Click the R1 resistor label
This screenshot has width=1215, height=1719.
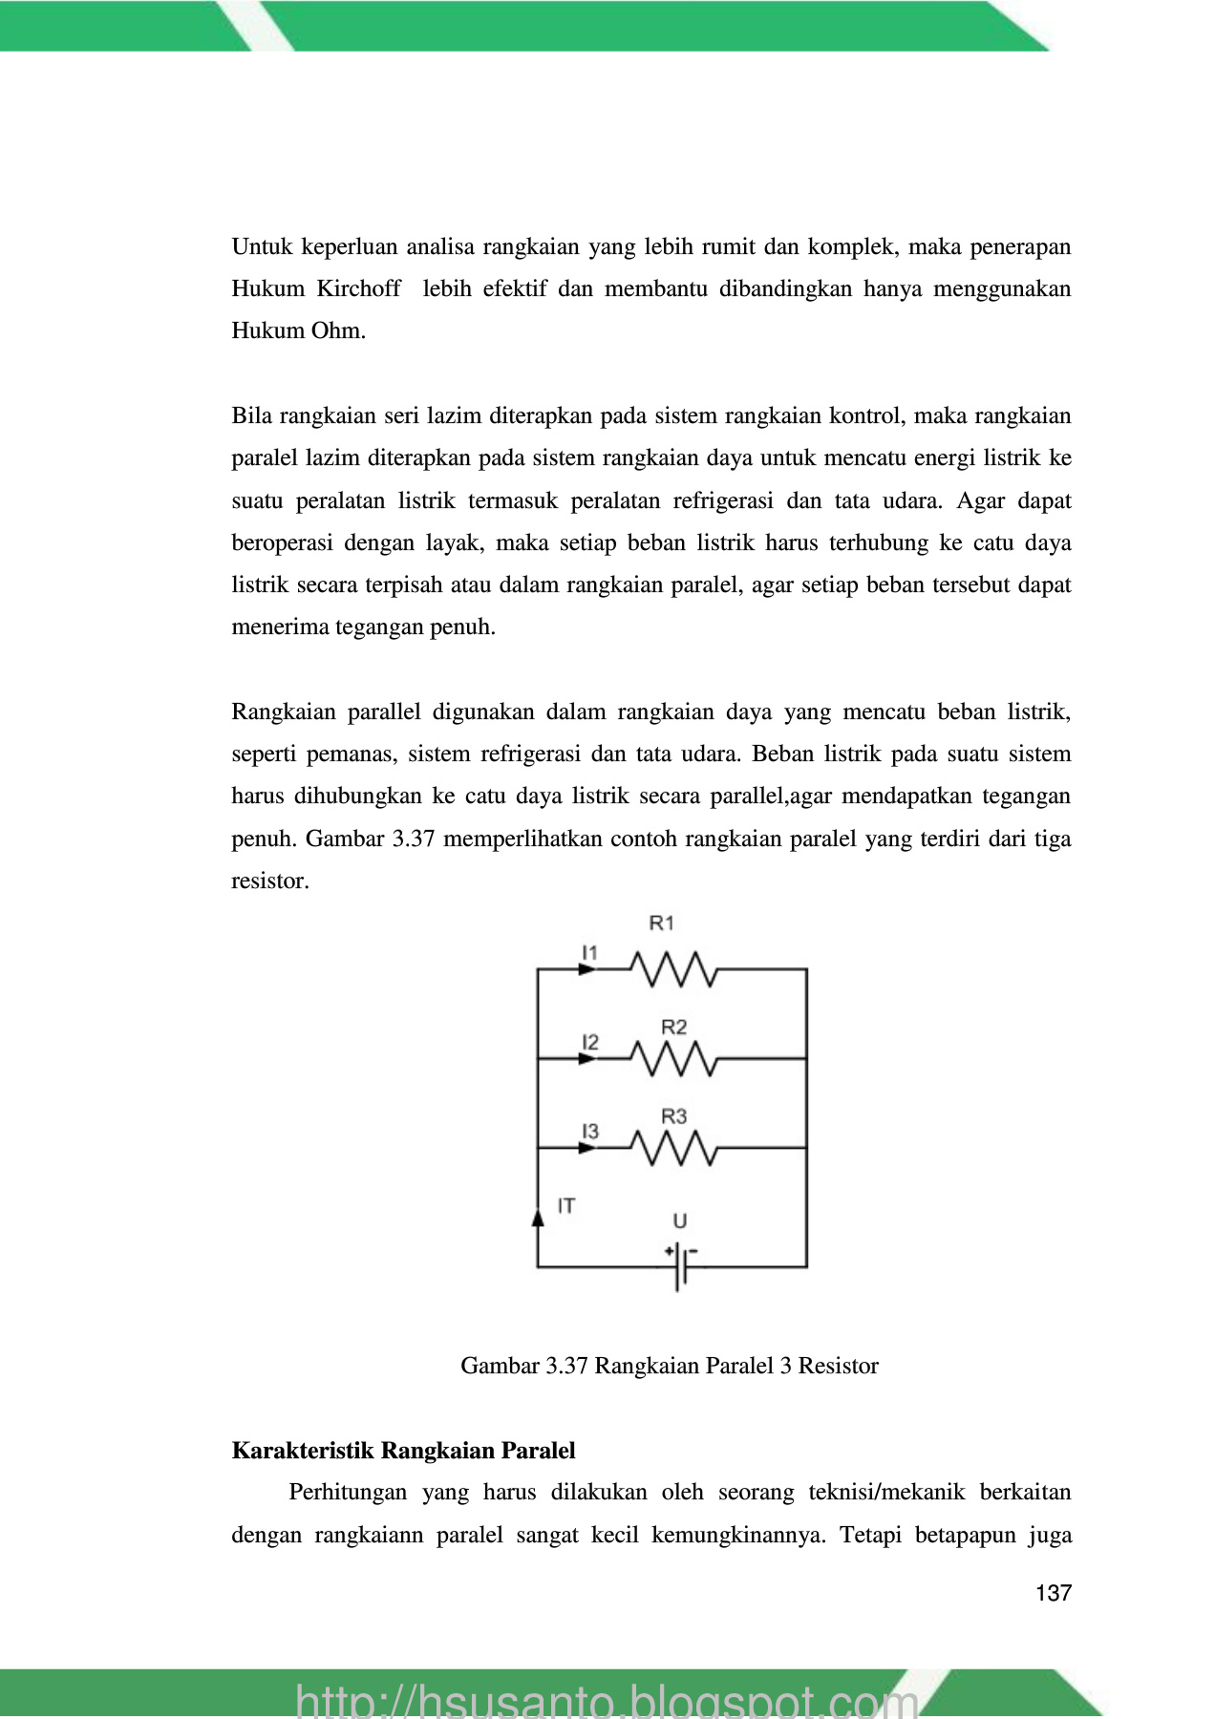(661, 923)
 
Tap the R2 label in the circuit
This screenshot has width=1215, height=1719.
(673, 1027)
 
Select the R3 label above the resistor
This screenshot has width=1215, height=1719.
(673, 1115)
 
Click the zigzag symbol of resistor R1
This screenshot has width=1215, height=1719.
(673, 969)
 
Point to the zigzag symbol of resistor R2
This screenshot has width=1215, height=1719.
(673, 1058)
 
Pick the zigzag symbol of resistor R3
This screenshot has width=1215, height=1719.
(673, 1148)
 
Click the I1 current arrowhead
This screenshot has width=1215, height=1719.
(586, 969)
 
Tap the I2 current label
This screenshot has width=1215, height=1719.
(590, 1041)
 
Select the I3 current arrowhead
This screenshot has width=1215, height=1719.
(586, 1148)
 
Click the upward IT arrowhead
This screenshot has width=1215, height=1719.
(538, 1217)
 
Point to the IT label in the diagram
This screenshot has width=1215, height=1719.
(566, 1206)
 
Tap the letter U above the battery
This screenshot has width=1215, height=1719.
(679, 1220)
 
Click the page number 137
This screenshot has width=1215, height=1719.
(1053, 1593)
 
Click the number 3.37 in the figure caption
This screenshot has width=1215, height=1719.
(565, 1366)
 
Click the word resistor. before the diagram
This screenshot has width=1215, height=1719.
(270, 881)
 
